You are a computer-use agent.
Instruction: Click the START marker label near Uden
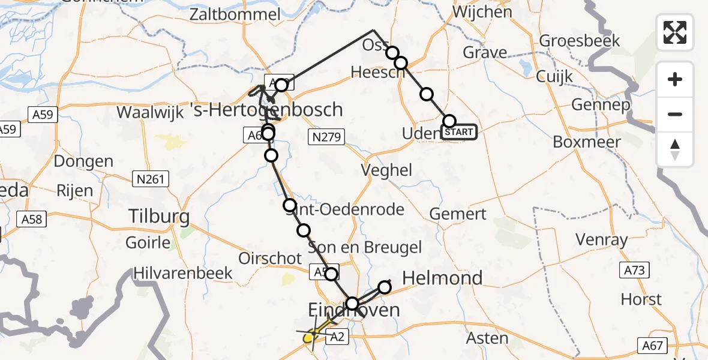coord(459,132)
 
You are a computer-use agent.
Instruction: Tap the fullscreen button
coord(675,32)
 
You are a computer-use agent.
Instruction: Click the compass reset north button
coord(675,149)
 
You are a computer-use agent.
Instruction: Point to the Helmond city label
coord(442,278)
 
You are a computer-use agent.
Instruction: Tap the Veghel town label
coord(387,170)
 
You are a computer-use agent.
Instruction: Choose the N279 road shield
coord(326,137)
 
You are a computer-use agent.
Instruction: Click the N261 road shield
coord(150,178)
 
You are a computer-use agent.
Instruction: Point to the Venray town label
coord(601,240)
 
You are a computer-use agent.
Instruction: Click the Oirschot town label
coord(270,258)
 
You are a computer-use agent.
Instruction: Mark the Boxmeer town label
coord(587,142)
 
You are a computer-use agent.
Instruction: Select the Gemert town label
coord(458,214)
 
